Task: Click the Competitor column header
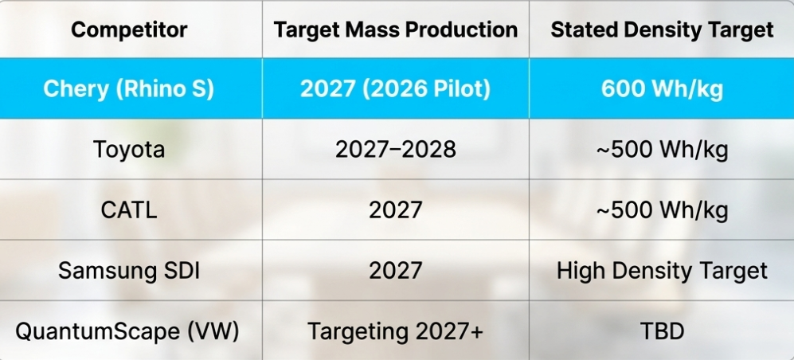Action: (129, 30)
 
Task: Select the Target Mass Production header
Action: (396, 30)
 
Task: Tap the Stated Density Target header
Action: (662, 30)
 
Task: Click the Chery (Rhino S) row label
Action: (129, 88)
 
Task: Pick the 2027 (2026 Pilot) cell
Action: (396, 88)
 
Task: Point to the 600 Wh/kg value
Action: (662, 88)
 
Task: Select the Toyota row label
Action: (129, 149)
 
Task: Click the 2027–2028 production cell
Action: (396, 149)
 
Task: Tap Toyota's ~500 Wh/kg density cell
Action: (662, 149)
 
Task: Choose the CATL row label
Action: (129, 209)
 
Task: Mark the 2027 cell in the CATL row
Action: (396, 209)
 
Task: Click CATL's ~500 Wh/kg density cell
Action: (662, 209)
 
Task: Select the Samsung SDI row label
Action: (129, 270)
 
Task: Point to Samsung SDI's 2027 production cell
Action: (396, 270)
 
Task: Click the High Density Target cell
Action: (662, 270)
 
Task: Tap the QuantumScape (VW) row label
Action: (129, 331)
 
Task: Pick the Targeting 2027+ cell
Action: (396, 331)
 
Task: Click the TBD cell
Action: (662, 331)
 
